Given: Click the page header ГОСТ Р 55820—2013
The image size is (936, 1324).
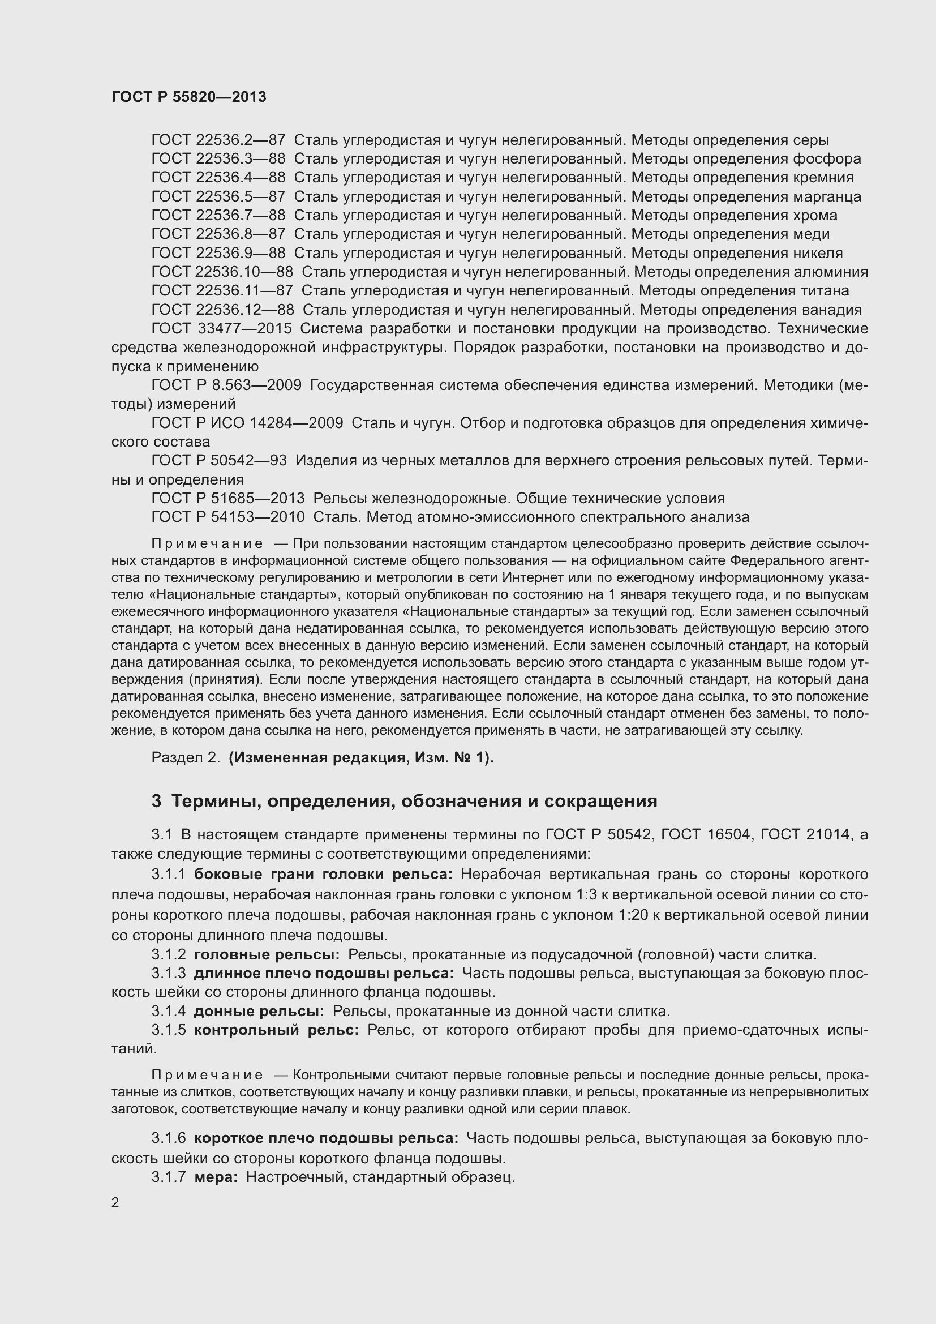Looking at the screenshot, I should [188, 97].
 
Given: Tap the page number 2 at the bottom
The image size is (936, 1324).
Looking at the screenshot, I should [115, 1203].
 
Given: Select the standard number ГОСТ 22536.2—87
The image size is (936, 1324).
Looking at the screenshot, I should [218, 140].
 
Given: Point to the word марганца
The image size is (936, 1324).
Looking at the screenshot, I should [826, 196].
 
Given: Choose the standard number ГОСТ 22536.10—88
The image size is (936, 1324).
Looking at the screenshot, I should [222, 272].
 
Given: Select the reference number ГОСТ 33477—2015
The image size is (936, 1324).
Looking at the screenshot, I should [221, 329].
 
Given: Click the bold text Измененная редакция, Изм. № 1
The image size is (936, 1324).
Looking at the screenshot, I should [360, 757].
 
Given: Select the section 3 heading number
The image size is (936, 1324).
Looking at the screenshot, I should [156, 802].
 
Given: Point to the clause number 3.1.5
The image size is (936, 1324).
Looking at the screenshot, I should [168, 1030].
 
